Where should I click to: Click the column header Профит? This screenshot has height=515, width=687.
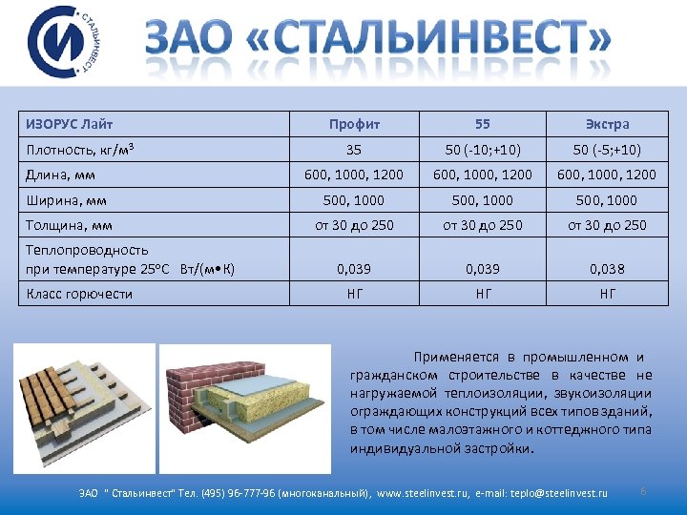(354, 124)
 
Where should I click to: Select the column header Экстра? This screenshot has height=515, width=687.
(607, 124)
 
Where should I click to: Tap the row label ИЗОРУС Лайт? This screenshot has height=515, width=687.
(63, 124)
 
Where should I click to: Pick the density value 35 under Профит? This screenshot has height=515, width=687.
(354, 150)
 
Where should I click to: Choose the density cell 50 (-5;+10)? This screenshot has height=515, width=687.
(607, 150)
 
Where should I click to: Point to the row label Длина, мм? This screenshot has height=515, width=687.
(60, 175)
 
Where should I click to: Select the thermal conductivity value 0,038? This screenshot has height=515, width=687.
(607, 269)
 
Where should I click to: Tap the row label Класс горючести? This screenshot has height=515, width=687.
(79, 294)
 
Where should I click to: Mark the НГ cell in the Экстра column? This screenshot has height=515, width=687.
(607, 294)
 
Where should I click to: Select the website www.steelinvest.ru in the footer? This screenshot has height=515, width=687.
(424, 493)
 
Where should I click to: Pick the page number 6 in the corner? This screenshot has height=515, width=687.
(644, 491)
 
